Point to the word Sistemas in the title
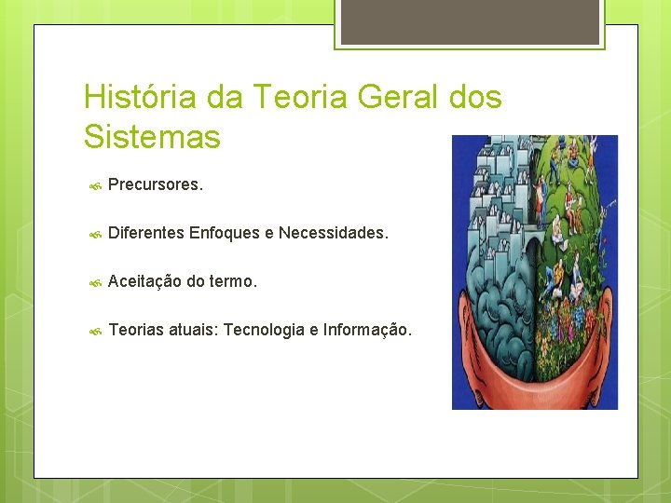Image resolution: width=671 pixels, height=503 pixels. coord(152,137)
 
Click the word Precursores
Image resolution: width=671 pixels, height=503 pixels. coord(155,184)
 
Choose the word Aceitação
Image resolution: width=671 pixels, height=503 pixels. coord(144,281)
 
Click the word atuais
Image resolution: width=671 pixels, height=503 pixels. coord(194,330)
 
